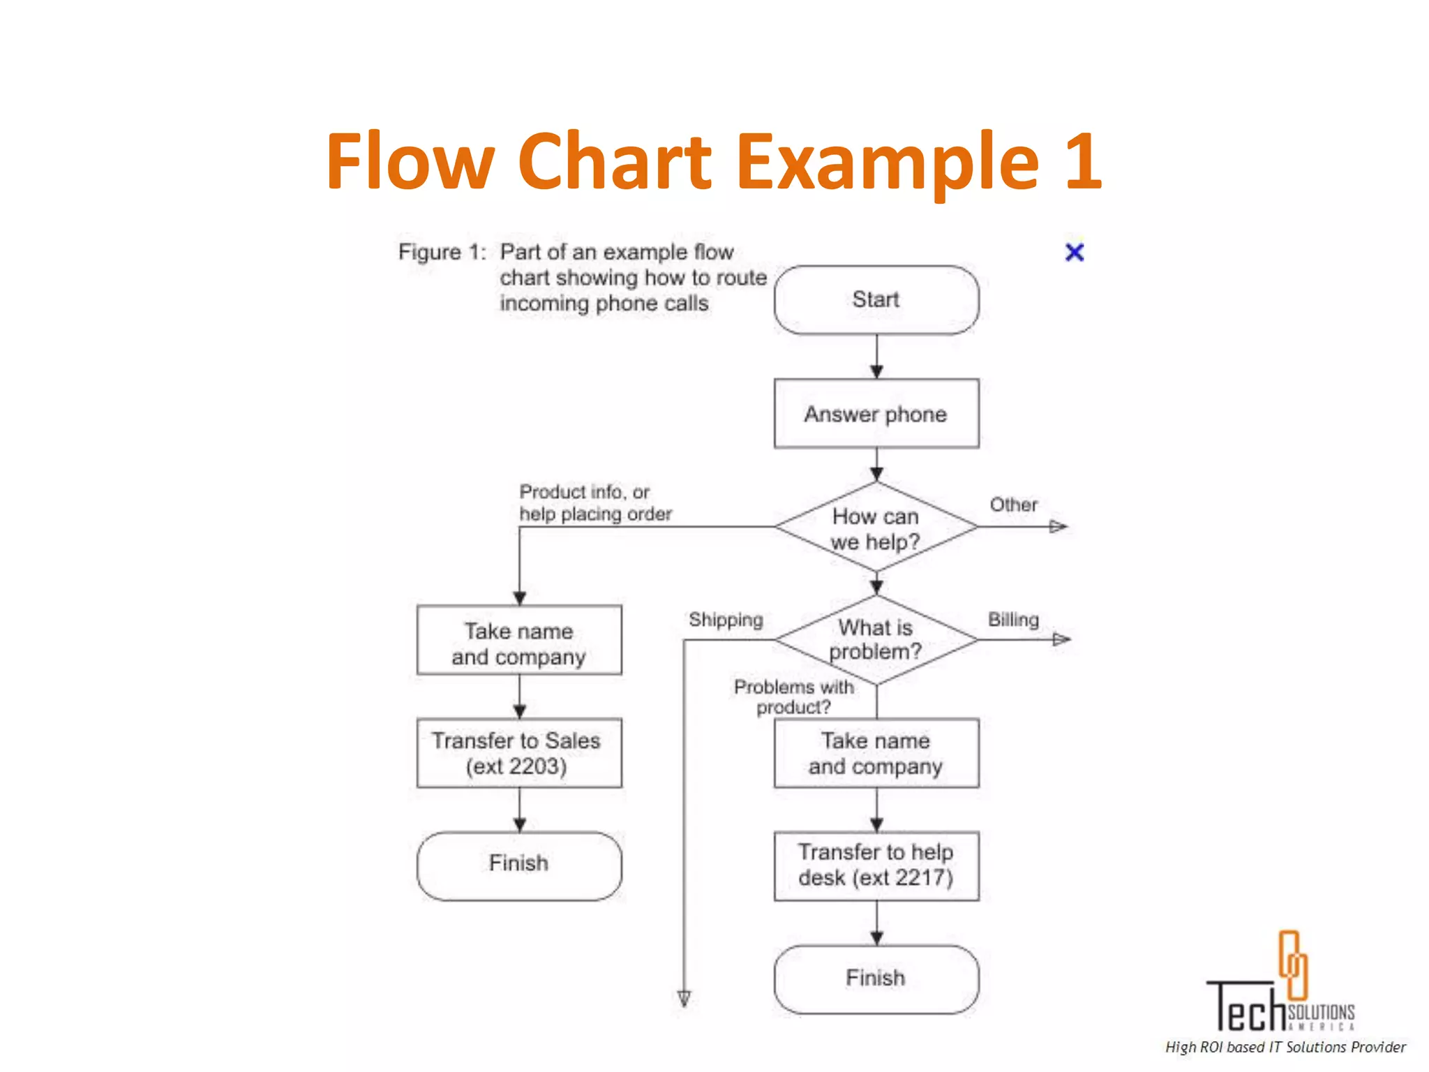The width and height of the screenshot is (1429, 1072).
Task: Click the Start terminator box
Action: [x=876, y=299]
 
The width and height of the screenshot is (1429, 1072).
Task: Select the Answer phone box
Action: [x=876, y=413]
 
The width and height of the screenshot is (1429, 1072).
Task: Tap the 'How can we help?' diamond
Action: [x=876, y=528]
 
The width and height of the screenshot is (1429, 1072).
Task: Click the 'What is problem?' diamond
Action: [x=876, y=639]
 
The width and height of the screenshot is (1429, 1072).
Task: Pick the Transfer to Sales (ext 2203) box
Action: [x=518, y=753]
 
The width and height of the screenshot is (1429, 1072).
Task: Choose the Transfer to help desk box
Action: [x=876, y=865]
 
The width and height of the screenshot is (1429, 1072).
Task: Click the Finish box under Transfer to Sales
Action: [x=518, y=865]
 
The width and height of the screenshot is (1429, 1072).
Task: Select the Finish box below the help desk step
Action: [x=876, y=978]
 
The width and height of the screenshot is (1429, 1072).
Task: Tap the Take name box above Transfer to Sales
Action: [x=518, y=641]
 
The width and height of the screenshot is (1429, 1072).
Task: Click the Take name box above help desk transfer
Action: [x=876, y=753]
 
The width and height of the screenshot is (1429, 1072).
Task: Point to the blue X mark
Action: [x=1075, y=252]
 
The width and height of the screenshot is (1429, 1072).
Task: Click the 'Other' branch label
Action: [x=1013, y=505]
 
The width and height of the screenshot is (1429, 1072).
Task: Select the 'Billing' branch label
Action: [x=1013, y=620]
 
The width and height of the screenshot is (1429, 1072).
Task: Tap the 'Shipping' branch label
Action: [x=726, y=620]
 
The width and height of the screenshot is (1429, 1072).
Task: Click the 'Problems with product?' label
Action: [x=793, y=697]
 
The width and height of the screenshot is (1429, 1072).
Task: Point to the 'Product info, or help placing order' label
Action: [x=594, y=502]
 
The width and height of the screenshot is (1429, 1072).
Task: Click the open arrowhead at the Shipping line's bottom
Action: [x=684, y=998]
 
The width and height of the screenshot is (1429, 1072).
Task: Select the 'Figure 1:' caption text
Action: [x=442, y=252]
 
